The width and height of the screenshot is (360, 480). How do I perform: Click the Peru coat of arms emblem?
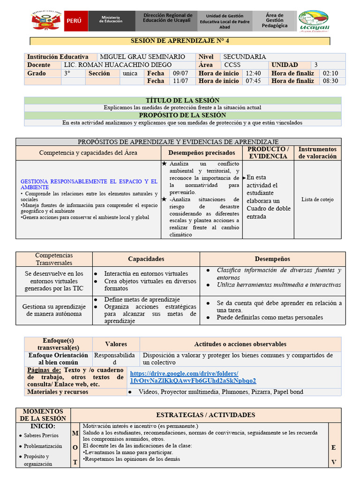[46, 21]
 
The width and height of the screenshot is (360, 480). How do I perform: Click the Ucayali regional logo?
[314, 22]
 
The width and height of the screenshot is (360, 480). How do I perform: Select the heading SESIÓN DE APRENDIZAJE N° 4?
[180, 41]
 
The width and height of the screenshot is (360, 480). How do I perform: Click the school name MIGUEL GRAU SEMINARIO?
[143, 57]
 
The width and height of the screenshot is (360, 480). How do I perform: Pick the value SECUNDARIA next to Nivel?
[245, 57]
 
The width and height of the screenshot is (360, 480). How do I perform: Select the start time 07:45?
[253, 81]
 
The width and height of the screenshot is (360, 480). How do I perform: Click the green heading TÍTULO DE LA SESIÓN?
[183, 101]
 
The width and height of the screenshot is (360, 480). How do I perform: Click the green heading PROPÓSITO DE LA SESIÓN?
[183, 115]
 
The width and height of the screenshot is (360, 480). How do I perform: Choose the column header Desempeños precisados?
[202, 153]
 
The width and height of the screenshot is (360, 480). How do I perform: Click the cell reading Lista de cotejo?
[317, 200]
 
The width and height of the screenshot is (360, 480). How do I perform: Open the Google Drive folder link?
[193, 376]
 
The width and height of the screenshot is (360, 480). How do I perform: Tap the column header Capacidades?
[146, 259]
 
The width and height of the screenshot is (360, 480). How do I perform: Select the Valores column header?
[116, 344]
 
